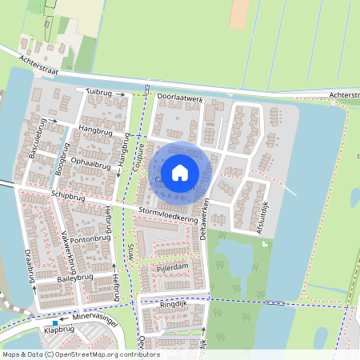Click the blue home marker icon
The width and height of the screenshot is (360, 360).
pos(180,172)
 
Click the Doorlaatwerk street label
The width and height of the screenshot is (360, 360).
pos(180,98)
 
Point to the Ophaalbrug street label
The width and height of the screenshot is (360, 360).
pos(90,164)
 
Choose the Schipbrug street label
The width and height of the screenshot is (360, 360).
pos(67,196)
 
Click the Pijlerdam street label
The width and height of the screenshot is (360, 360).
pos(171,266)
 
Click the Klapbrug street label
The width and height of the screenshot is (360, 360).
pos(58,329)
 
